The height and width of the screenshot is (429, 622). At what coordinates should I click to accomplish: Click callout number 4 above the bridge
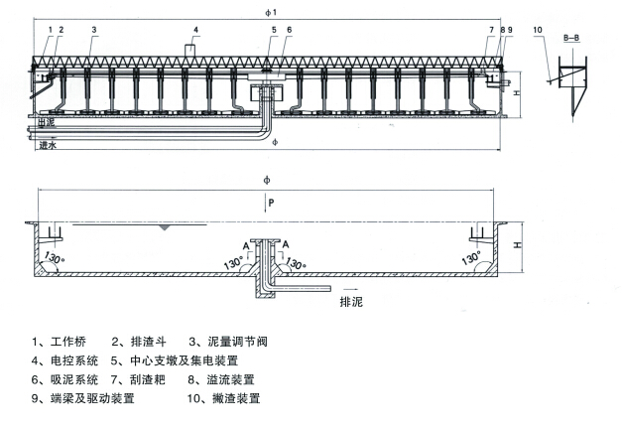click(x=195, y=30)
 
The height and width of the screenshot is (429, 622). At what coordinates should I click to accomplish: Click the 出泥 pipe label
click(x=47, y=122)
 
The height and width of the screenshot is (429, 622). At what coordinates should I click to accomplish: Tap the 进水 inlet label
click(x=47, y=145)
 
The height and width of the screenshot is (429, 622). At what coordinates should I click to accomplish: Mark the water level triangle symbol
click(x=163, y=227)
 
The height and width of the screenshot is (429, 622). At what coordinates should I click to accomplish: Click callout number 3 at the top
click(x=93, y=30)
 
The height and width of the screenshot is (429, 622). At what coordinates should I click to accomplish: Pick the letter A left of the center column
click(x=245, y=243)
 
